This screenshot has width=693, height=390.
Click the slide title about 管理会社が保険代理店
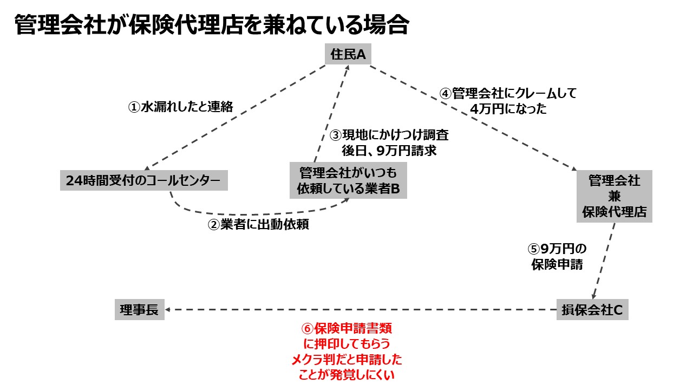211,24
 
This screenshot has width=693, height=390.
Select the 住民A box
348,55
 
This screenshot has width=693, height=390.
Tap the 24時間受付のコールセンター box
143,180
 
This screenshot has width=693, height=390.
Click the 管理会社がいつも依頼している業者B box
348,181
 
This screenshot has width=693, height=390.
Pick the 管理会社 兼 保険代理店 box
614,196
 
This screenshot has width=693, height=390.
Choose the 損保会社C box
592,310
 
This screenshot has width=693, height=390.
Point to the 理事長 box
139,310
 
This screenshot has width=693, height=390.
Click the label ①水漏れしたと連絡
180,107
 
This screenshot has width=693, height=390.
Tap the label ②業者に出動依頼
258,224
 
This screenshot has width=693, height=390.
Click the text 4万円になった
508,108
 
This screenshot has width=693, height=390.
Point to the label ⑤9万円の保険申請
557,257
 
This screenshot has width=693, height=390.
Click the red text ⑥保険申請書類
346,328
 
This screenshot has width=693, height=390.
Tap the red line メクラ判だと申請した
346,359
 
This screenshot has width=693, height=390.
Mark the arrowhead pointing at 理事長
168,310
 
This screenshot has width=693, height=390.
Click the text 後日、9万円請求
389,151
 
